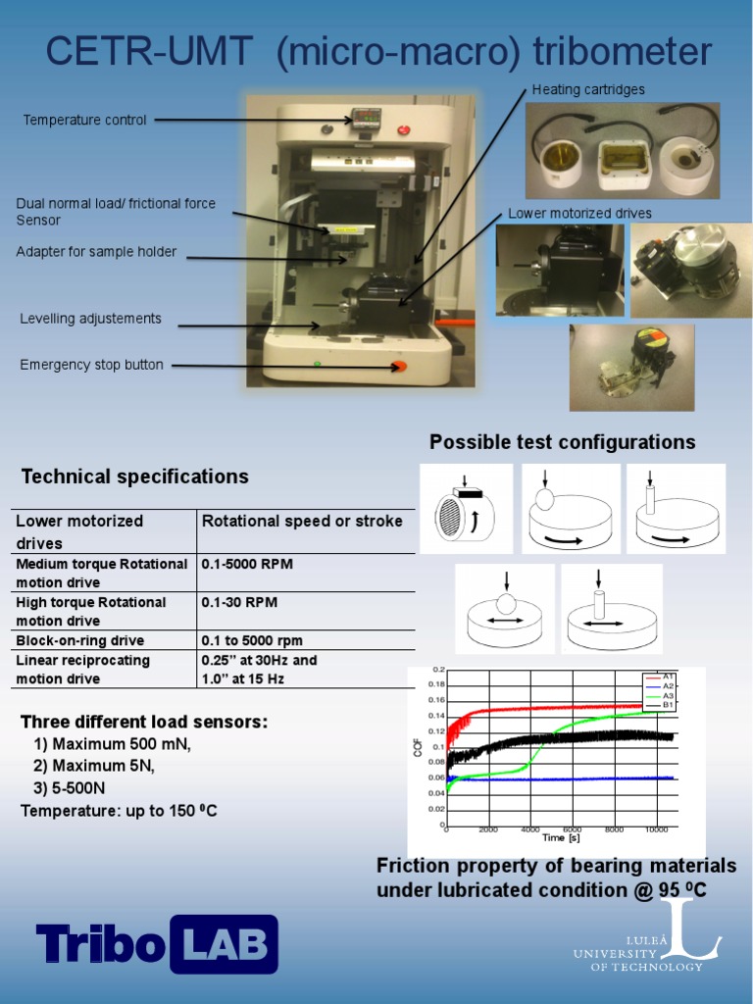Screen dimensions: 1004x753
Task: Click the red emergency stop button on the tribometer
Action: (x=399, y=367)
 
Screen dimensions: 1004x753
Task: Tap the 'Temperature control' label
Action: (x=85, y=121)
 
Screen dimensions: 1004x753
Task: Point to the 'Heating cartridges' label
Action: (x=588, y=90)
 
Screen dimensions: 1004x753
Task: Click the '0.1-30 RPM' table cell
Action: (x=238, y=602)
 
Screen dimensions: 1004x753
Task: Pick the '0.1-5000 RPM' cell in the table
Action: (x=246, y=564)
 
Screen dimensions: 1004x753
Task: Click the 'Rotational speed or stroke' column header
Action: (x=302, y=522)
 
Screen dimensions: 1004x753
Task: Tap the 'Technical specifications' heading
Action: (x=135, y=477)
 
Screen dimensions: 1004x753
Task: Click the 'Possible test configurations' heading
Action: (x=562, y=442)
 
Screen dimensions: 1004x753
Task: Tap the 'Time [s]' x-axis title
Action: (x=561, y=838)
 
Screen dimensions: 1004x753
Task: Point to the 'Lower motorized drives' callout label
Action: (x=579, y=214)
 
